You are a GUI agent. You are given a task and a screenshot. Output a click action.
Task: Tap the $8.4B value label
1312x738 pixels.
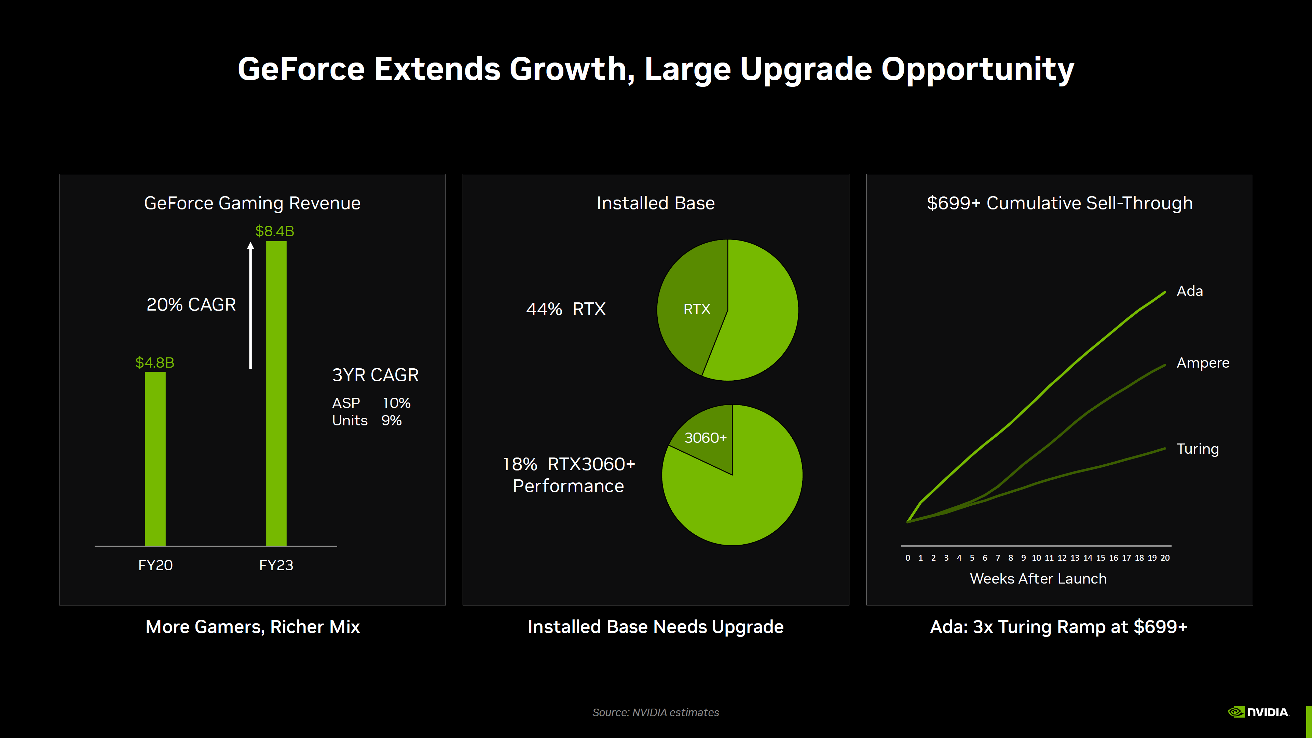[x=274, y=231]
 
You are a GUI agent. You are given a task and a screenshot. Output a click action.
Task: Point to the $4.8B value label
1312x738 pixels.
[x=155, y=363]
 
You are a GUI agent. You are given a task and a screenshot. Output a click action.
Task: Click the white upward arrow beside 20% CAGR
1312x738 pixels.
[x=250, y=305]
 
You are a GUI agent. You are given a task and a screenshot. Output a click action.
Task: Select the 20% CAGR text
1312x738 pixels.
[x=191, y=304]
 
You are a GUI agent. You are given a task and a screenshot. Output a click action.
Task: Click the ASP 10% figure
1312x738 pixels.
[x=371, y=403]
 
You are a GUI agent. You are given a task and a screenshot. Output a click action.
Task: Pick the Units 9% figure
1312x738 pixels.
[x=367, y=421]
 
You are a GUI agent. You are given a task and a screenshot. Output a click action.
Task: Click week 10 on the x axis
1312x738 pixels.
[x=1037, y=558]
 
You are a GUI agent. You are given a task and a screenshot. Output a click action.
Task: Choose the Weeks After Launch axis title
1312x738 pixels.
[x=1038, y=578]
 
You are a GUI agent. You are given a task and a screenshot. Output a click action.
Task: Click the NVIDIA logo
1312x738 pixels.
[x=1258, y=712]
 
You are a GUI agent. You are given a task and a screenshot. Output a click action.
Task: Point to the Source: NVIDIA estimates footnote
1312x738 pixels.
[x=656, y=712]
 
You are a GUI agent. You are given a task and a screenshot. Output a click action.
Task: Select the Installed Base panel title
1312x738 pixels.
[x=656, y=203]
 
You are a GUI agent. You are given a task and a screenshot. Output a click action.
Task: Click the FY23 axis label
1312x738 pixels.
[x=276, y=565]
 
